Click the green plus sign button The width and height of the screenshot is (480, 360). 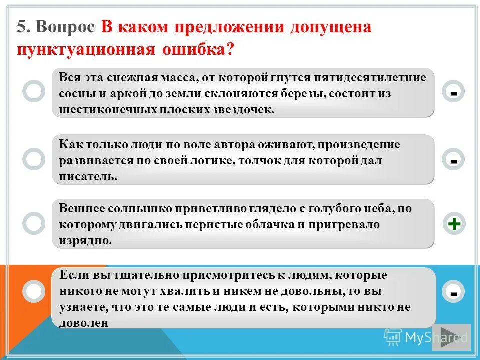pyautogui.click(x=454, y=224)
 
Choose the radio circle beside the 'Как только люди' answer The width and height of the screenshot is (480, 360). pyautogui.click(x=34, y=159)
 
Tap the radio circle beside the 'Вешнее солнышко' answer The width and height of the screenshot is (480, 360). pyautogui.click(x=34, y=223)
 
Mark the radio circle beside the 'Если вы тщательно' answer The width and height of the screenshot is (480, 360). pyautogui.click(x=34, y=291)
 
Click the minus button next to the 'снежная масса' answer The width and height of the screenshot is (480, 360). pyautogui.click(x=454, y=93)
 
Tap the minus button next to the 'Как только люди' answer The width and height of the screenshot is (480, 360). pyautogui.click(x=454, y=161)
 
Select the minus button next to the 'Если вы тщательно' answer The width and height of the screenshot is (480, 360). pyautogui.click(x=454, y=292)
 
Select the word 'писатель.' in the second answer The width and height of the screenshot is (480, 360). pyautogui.click(x=88, y=177)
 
